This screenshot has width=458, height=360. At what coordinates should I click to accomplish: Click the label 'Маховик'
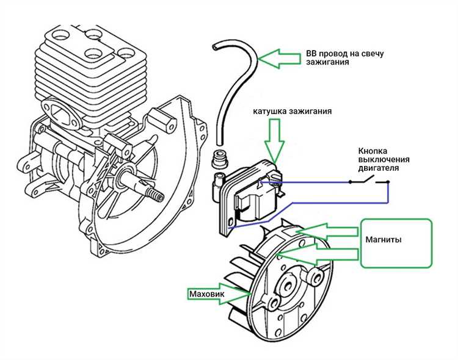pos(207,294)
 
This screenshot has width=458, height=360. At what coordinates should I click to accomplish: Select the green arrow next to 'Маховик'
pos(238,294)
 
